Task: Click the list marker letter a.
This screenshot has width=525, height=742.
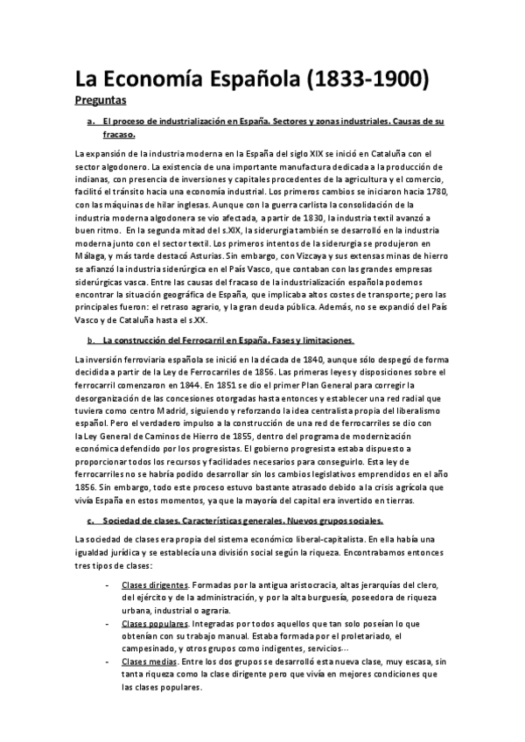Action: point(89,121)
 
